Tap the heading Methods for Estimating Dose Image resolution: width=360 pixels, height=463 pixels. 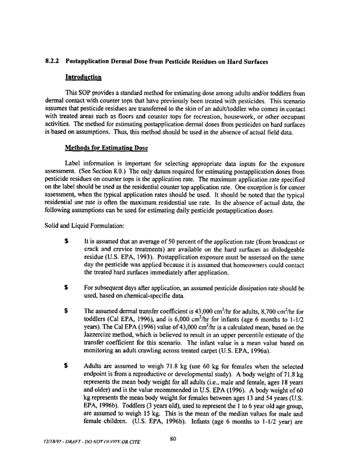coord(101,147)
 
